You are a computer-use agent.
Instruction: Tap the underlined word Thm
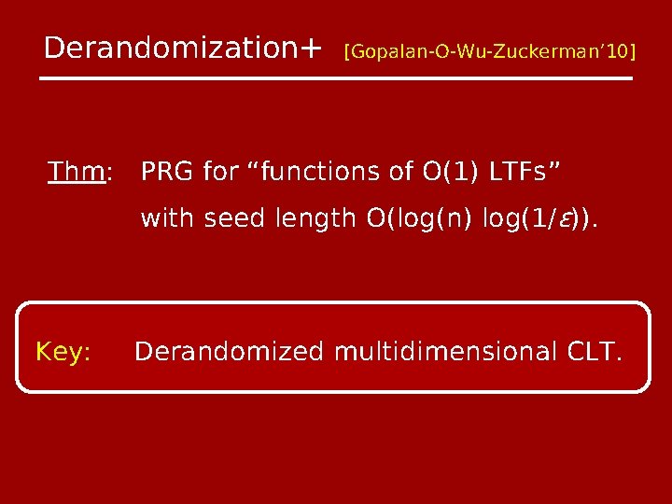(x=77, y=173)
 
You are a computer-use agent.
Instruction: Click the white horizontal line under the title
(x=336, y=78)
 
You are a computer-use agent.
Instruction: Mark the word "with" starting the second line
(x=165, y=220)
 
